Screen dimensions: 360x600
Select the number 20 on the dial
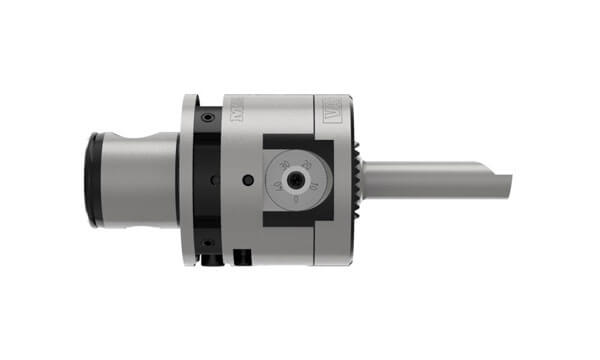[x=306, y=164]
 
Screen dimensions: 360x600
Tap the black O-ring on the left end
[x=92, y=180]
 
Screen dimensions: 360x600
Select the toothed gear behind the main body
[x=358, y=180]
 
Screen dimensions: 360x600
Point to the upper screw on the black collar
[x=206, y=118]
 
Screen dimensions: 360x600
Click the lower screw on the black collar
[x=206, y=242]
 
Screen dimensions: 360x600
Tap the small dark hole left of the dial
[x=247, y=180]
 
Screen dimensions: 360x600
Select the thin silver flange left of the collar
[x=187, y=180]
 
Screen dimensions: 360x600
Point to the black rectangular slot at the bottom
[x=239, y=256]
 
